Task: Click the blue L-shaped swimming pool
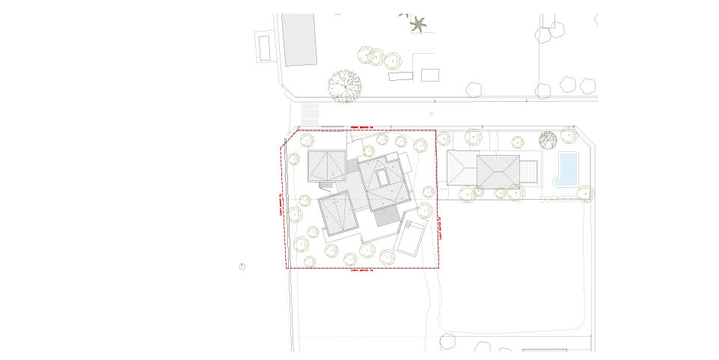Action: click(x=567, y=168)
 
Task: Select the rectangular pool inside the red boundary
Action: click(x=409, y=236)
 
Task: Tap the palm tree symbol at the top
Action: click(x=418, y=24)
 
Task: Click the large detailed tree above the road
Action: click(x=344, y=85)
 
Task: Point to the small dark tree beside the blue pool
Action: click(x=548, y=140)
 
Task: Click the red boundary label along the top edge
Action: click(x=361, y=128)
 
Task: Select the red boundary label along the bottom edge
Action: click(x=361, y=270)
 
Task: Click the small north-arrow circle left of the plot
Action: click(x=242, y=266)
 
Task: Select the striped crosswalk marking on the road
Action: click(x=309, y=115)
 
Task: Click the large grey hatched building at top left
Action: click(x=299, y=39)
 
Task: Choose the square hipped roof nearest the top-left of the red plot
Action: click(x=327, y=166)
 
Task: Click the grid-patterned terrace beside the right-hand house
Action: click(x=528, y=172)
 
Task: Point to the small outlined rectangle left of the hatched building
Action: click(x=264, y=47)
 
